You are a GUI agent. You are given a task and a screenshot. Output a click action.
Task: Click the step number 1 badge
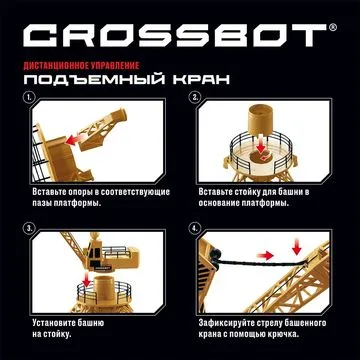click(x=30, y=101)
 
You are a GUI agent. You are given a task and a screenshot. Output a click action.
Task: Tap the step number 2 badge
click(x=195, y=101)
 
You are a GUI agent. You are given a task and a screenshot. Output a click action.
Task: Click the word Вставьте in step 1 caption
click(x=51, y=191)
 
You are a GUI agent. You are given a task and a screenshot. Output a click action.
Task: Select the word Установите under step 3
click(x=56, y=323)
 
